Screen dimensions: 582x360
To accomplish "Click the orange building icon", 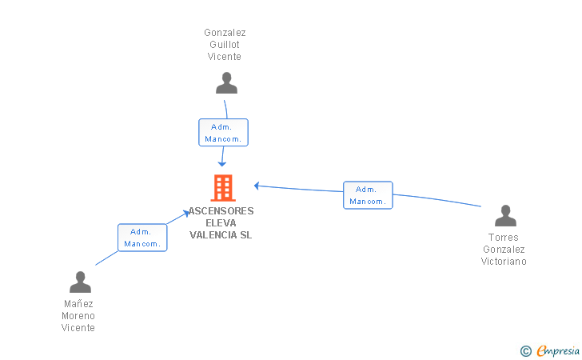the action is pos(223,188).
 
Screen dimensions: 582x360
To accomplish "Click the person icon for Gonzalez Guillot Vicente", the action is pos(226,83).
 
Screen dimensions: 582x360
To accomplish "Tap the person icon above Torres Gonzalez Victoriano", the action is pos(505,215).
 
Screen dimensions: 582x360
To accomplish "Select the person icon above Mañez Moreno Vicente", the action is pos(80,282).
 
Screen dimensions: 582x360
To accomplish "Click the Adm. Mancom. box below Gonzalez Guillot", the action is pos(224,133).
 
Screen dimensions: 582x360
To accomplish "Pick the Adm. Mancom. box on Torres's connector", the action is pos(368,195).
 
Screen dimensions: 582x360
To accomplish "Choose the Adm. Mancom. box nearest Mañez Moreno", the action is pos(142,238).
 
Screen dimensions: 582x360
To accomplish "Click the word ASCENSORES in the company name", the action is pos(221,211).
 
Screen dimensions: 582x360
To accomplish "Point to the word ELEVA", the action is pos(221,223).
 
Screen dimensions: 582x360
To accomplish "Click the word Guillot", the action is pos(225,45).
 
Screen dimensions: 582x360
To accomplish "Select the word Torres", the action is pos(504,238).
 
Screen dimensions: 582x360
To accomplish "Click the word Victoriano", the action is pos(504,261).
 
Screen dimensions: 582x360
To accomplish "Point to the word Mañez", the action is pos(78,304).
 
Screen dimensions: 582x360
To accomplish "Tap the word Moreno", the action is pos(78,316).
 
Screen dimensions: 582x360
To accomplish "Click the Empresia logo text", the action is pos(558,350).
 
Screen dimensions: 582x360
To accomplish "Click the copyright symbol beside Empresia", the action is pos(526,351).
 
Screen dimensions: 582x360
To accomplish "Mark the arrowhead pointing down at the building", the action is pos(222,164).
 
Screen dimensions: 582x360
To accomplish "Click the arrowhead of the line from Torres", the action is pos(257,186).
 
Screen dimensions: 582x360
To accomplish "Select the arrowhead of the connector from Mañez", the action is pos(186,214).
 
